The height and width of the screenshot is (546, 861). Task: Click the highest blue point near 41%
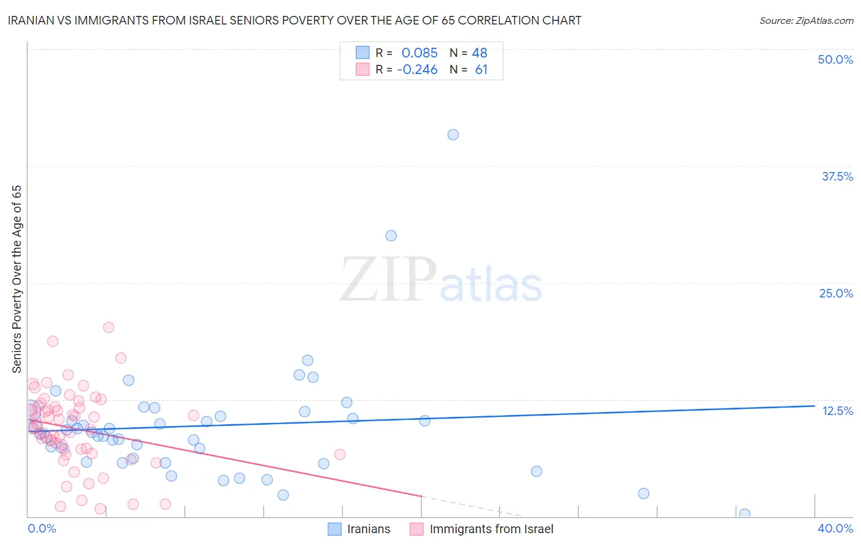pos(453,135)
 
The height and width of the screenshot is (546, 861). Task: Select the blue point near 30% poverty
pos(391,236)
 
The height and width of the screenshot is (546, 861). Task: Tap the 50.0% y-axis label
pos(835,59)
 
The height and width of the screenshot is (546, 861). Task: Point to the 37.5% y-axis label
pos(837,176)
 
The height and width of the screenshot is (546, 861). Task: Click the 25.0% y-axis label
pos(836,293)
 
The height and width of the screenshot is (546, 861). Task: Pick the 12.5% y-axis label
pos(837,411)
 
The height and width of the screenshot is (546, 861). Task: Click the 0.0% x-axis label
pos(42,528)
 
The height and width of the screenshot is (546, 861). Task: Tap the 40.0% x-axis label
pos(835,528)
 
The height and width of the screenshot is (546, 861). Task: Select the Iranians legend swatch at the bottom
pos(334,529)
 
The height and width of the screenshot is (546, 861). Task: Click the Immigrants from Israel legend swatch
pos(416,529)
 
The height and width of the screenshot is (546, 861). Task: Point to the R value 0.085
pos(419,53)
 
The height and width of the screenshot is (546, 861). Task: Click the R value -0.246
pos(417,70)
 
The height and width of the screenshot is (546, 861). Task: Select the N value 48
pos(479,53)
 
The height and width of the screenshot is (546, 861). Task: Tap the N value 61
pos(481,70)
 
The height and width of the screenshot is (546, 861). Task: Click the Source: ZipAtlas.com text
pos(806,21)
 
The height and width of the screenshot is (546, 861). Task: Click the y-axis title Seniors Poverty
pos(17,279)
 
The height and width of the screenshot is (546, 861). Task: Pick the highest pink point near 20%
pos(108,327)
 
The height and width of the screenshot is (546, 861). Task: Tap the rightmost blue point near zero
pos(745,514)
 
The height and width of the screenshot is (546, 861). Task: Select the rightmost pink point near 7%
pos(340,454)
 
